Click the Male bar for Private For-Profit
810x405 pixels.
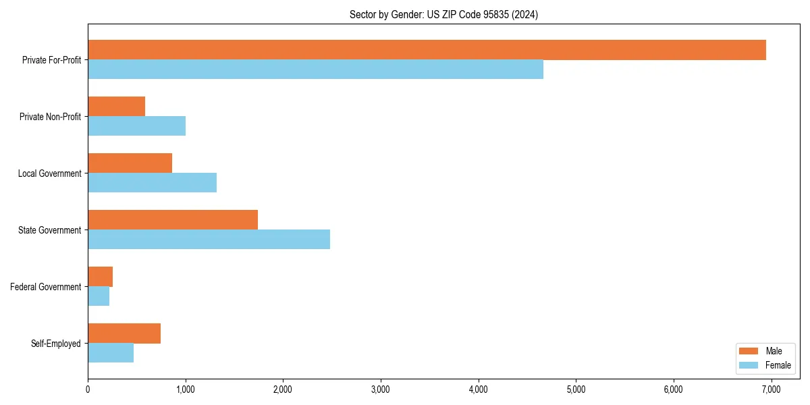click(x=427, y=50)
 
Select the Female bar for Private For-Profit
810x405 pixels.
click(x=315, y=70)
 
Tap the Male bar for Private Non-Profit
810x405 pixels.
click(x=116, y=107)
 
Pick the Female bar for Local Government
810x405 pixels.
click(x=152, y=183)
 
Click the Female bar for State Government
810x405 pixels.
click(x=209, y=240)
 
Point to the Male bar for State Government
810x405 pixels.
click(x=173, y=220)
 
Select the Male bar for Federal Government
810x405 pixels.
click(x=100, y=277)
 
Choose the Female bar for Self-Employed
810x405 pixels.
click(x=111, y=353)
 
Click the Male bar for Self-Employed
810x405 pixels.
click(x=124, y=333)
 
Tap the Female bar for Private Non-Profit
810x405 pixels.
click(x=136, y=126)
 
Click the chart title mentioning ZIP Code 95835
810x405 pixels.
click(x=443, y=14)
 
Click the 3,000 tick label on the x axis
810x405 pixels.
click(x=381, y=389)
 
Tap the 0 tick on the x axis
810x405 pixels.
click(x=88, y=389)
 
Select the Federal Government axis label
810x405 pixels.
click(x=46, y=287)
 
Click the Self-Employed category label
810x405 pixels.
click(x=56, y=344)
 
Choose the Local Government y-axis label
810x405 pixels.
click(x=50, y=173)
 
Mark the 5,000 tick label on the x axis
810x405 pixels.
click(x=576, y=389)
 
